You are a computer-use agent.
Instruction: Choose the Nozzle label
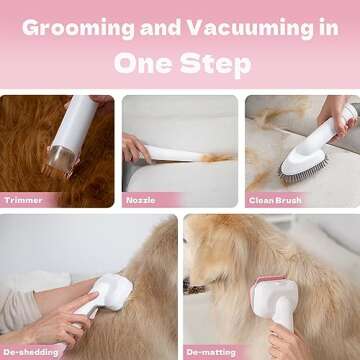(x=140, y=200)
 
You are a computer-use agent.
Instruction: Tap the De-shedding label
(x=29, y=350)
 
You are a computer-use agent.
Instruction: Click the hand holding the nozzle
(x=134, y=148)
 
